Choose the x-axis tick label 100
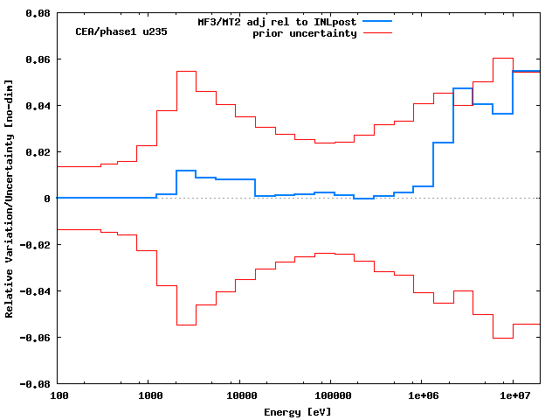pos(58,396)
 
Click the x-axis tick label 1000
pos(149,396)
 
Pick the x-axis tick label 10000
pos(240,396)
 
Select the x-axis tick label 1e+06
pos(422,396)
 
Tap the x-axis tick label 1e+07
pos(513,396)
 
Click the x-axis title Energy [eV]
pos(298,411)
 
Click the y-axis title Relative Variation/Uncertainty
pos(10,199)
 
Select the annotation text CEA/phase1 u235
pos(121,31)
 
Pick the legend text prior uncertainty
pos(304,33)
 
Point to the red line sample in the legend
pos(377,33)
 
